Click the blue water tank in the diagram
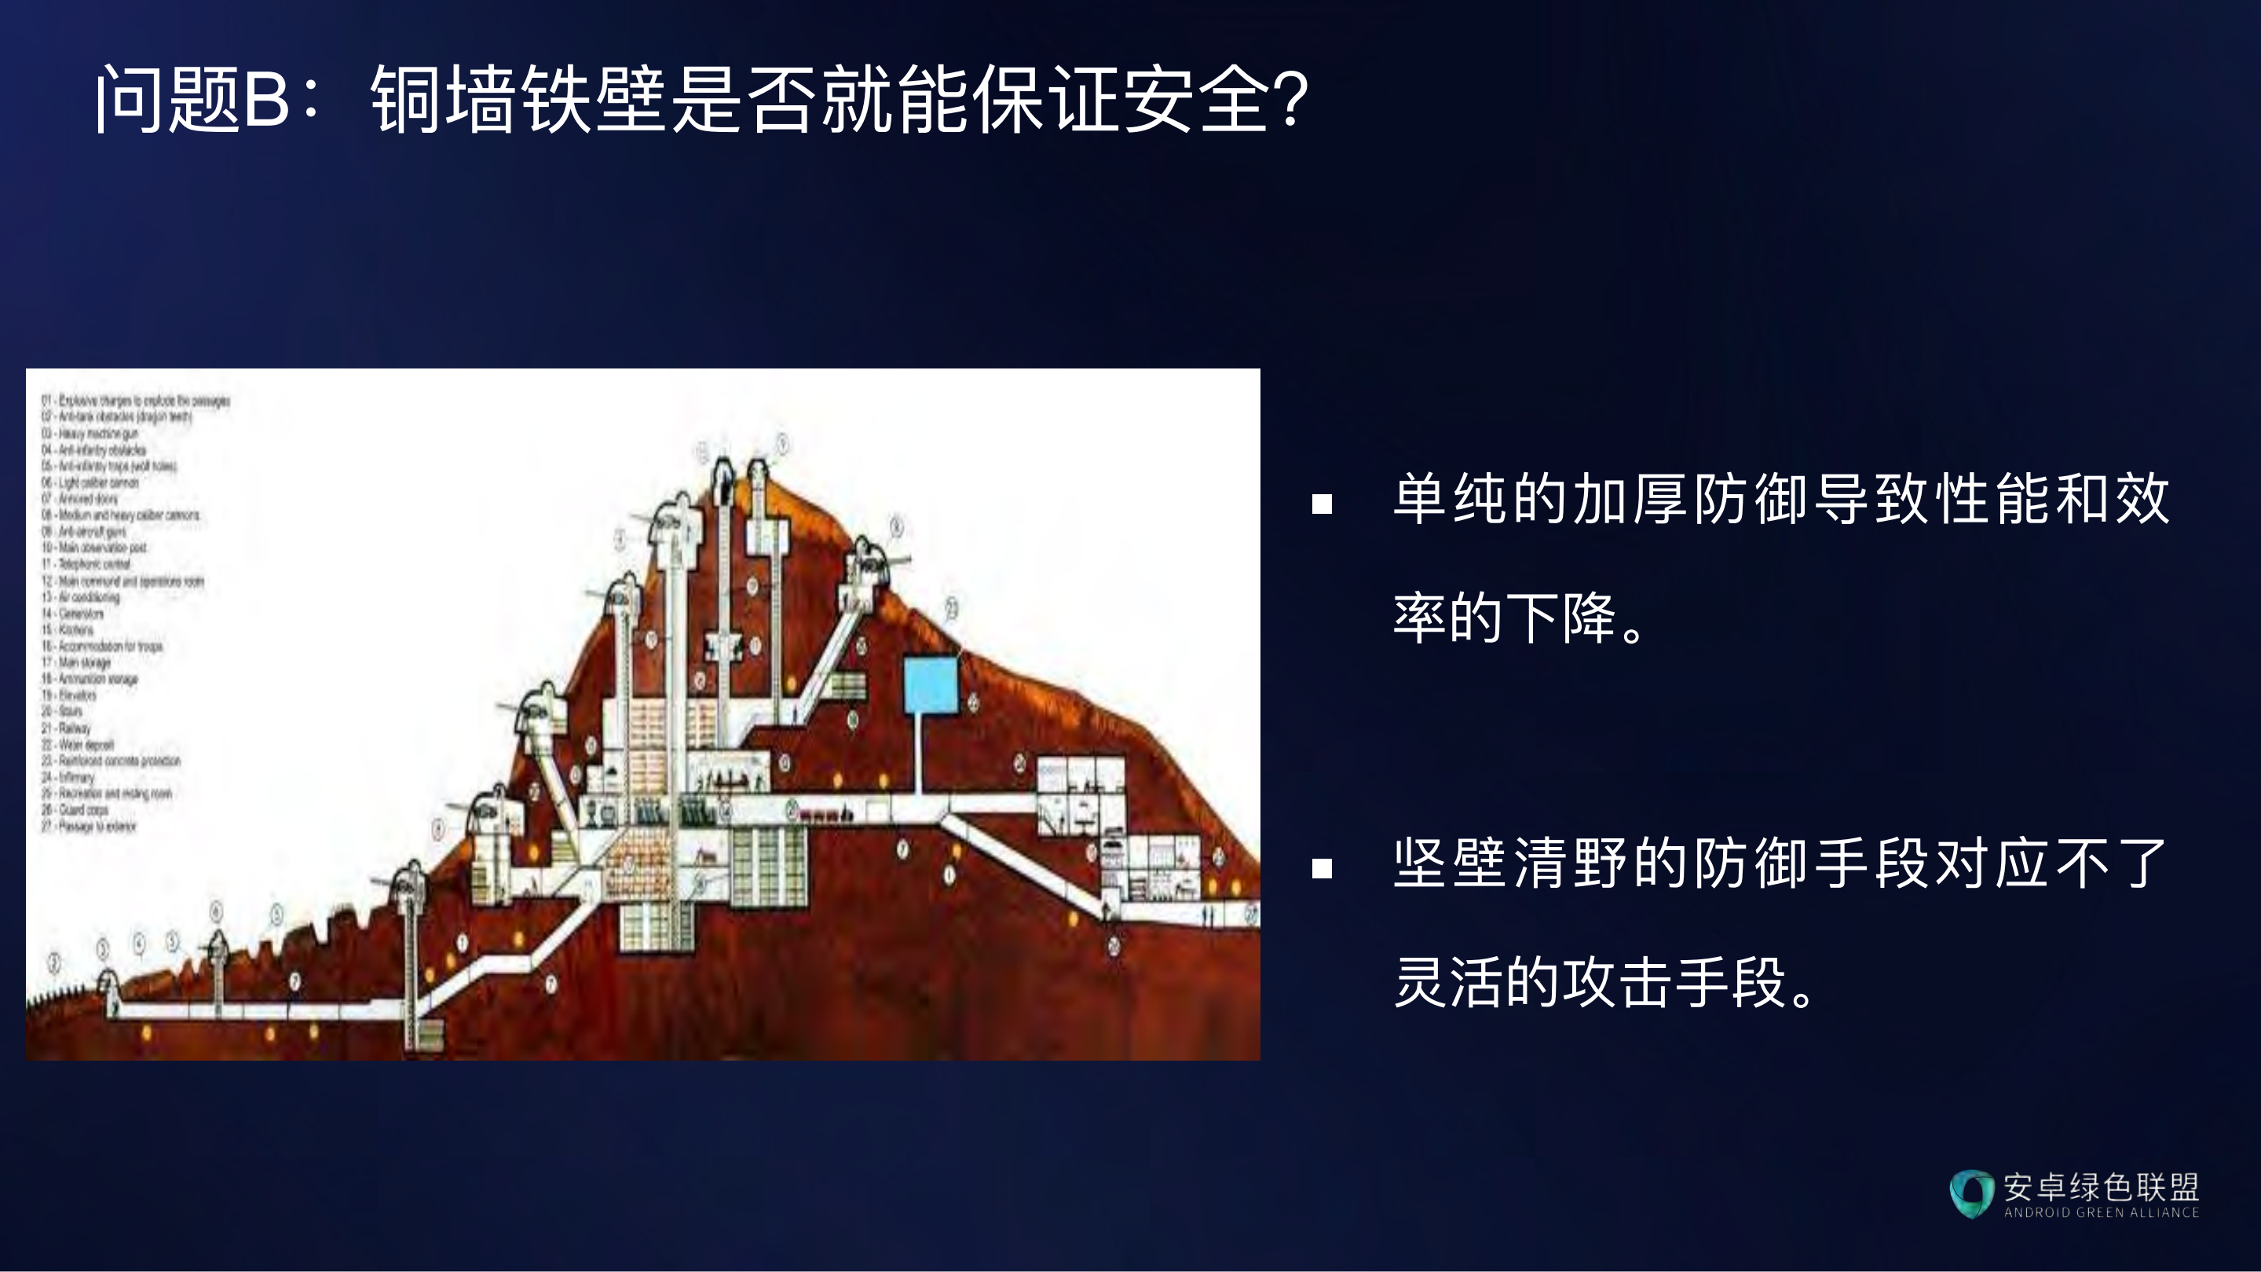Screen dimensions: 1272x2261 pos(931,685)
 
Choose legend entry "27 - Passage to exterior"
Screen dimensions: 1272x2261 pos(89,826)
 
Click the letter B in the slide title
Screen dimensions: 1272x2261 pos(266,99)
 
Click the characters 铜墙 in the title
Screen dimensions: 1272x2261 pos(443,99)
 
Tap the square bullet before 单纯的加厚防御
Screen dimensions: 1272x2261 pos(1322,504)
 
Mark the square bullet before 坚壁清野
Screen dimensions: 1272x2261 pos(1322,868)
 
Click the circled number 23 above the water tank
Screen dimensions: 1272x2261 pos(952,606)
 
